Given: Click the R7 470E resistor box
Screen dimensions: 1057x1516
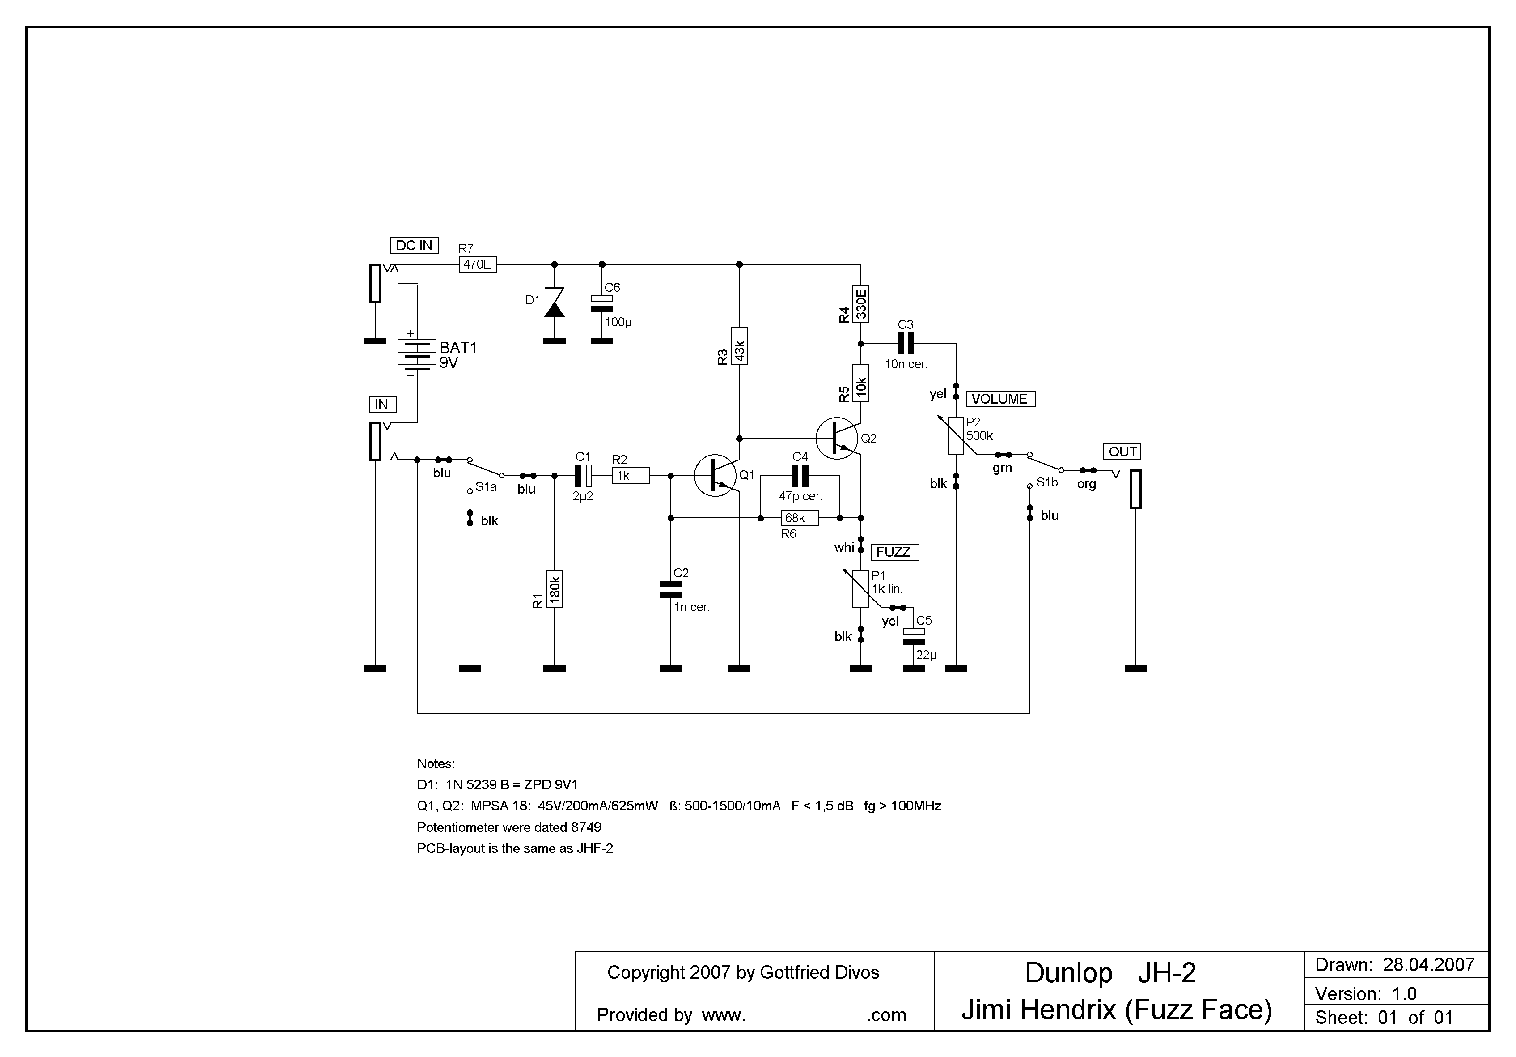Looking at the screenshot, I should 477,264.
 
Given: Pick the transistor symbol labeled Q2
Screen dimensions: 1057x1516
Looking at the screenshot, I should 837,438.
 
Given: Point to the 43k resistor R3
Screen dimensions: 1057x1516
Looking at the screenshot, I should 740,346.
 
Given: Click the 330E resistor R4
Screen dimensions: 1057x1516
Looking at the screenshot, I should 861,304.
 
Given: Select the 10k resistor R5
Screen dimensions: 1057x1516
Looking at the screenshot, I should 861,383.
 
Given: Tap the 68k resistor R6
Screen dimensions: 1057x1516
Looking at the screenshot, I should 800,518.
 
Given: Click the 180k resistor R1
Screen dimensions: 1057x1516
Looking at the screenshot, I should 555,589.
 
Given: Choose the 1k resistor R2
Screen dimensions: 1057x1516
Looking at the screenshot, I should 631,476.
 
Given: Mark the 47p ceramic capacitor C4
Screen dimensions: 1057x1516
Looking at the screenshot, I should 800,476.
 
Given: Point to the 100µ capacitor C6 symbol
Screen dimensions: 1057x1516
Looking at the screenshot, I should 601,304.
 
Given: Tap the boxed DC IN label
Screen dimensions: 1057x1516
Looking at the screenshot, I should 414,246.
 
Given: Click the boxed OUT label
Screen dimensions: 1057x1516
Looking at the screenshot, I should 1122,452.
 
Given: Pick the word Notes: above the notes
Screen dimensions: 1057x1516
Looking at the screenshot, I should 436,764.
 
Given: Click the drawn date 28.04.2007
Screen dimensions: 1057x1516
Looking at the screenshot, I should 1428,965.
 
